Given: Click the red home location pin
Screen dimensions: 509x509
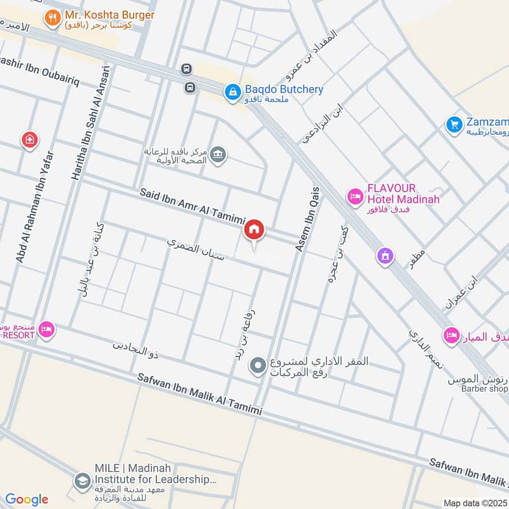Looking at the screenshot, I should (x=254, y=230).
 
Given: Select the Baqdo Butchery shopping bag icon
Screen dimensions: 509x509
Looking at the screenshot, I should (x=232, y=93).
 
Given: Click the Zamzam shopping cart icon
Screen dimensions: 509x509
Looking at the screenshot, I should (x=453, y=123).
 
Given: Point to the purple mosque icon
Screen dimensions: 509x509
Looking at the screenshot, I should (x=385, y=256).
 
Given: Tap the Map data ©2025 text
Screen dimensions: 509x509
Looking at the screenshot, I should (x=475, y=503).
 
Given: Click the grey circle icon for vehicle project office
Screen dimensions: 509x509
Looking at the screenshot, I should (x=258, y=366).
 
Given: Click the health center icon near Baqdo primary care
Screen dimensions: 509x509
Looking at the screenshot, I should (x=218, y=155).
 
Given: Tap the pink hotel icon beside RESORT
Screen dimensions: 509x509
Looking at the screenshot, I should (x=46, y=330).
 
